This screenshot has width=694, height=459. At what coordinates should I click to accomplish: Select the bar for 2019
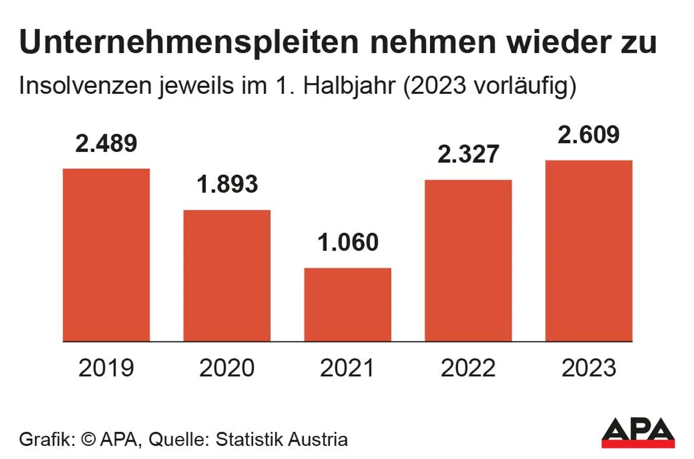click(106, 255)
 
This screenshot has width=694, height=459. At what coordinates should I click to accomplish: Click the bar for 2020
click(227, 276)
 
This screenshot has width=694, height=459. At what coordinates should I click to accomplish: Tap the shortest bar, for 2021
click(348, 304)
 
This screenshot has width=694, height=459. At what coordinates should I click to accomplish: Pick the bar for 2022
click(468, 260)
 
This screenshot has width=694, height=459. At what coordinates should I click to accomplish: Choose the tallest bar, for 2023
click(589, 251)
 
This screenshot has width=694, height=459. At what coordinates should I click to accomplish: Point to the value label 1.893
click(227, 184)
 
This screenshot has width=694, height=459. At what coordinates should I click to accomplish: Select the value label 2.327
click(468, 154)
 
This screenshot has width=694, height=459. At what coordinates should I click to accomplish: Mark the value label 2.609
click(589, 135)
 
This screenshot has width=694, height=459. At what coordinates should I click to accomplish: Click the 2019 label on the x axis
click(106, 368)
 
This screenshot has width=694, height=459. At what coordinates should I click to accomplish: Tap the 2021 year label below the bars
click(348, 368)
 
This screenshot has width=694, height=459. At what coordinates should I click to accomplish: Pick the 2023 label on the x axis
click(589, 368)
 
